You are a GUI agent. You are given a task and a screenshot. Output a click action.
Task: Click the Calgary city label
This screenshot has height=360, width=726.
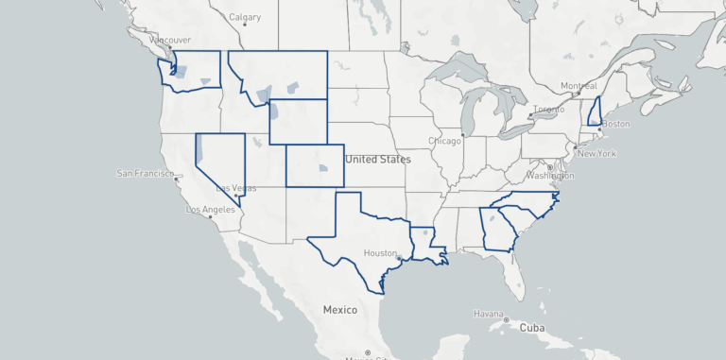pyautogui.click(x=245, y=17)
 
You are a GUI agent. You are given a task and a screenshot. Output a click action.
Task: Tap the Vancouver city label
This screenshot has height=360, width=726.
pyautogui.click(x=171, y=40)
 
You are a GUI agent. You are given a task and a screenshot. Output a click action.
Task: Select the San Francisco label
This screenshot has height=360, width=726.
pyautogui.click(x=146, y=174)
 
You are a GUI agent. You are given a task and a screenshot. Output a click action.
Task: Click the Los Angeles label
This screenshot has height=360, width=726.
pyautogui.click(x=210, y=210)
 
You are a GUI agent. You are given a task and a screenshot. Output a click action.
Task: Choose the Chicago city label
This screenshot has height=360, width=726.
pyautogui.click(x=444, y=142)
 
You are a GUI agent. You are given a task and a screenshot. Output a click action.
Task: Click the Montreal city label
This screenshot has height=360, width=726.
pyautogui.click(x=579, y=86)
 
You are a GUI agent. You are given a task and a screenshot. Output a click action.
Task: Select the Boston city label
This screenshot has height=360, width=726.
pyautogui.click(x=615, y=125)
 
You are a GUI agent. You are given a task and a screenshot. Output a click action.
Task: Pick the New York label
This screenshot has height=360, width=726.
pyautogui.click(x=596, y=153)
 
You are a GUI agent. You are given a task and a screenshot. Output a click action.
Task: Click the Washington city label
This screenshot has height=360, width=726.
pyautogui.click(x=551, y=176)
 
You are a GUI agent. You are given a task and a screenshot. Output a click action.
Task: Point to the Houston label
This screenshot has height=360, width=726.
pyautogui.click(x=380, y=253)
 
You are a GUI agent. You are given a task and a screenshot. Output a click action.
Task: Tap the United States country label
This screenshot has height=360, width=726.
pyautogui.click(x=378, y=160)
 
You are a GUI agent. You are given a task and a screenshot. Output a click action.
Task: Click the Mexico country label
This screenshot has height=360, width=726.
pyautogui.click(x=339, y=310)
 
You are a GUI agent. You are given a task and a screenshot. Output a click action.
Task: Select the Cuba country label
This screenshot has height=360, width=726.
pyautogui.click(x=532, y=328)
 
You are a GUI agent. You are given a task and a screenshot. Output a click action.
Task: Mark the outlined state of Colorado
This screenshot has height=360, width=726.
pyautogui.click(x=315, y=165)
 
